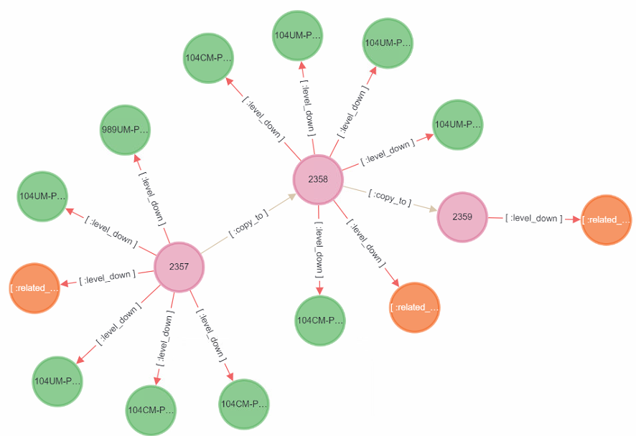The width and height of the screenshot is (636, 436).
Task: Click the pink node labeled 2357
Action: pyautogui.click(x=179, y=267)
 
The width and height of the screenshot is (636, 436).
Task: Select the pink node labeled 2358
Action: pyautogui.click(x=318, y=179)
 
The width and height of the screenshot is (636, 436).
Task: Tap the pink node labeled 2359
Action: pyautogui.click(x=462, y=217)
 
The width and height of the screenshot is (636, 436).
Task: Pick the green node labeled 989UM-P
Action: pyautogui.click(x=125, y=131)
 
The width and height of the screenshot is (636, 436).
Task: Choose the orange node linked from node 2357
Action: pyautogui.click(x=34, y=288)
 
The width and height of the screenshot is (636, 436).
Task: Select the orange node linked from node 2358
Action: pyautogui.click(x=414, y=307)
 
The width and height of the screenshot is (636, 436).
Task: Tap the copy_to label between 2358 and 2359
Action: pyautogui.click(x=391, y=197)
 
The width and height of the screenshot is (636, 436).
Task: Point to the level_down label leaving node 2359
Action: pyautogui.click(x=533, y=218)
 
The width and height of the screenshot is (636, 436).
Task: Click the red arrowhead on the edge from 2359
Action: pyautogui.click(x=576, y=219)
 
